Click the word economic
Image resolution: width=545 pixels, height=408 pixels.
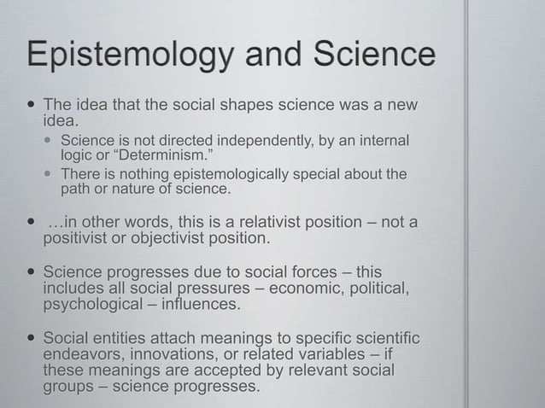coord(309,288)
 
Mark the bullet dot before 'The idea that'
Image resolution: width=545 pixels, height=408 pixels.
coord(31,104)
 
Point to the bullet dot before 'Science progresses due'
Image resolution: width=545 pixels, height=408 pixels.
coord(31,272)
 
